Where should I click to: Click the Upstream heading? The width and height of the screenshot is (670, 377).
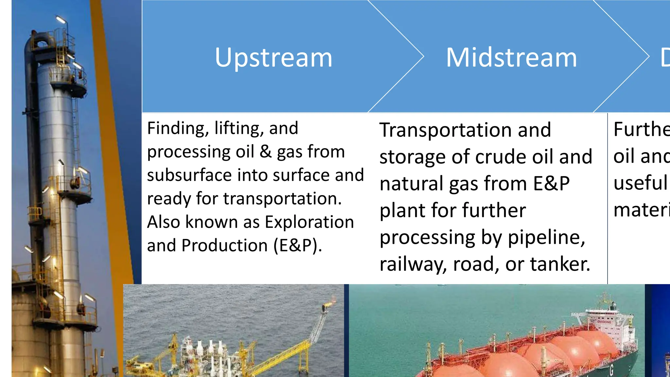(x=273, y=58)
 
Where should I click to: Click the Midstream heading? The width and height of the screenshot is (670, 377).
(x=511, y=58)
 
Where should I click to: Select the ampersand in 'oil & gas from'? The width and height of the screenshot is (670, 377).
(x=266, y=152)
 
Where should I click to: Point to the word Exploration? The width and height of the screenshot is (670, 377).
(x=309, y=222)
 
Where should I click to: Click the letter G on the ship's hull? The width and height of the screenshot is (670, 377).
(x=611, y=370)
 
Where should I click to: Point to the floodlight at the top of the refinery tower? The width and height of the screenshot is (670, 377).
(x=61, y=19)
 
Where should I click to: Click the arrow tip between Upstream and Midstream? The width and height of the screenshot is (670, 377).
(x=423, y=57)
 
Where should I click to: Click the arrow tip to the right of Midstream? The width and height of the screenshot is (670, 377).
(x=648, y=57)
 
